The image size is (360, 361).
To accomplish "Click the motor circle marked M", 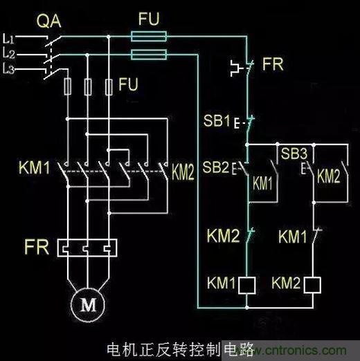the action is point(88,304).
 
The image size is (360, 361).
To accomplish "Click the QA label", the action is point(49,21).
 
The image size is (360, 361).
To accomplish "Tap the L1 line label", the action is point(8,39).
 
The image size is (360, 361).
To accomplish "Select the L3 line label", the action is point(8,68).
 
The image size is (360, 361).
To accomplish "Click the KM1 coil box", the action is point(246,285).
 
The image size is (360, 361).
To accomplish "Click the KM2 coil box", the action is point(312,285).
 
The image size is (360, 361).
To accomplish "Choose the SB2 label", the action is point(216,167).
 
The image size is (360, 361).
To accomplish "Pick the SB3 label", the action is point(294,154).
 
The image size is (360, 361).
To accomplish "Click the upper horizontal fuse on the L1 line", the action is point(149,37).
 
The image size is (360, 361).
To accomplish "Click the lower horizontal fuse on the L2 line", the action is point(149,55).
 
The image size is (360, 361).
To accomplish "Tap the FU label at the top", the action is point(149,19).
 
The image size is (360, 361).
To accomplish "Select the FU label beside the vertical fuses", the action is point(128,84).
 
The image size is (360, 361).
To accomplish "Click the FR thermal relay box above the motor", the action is point(87,248).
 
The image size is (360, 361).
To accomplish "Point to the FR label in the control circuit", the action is point(273,64).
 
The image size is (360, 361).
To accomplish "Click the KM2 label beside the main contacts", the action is point(183,173).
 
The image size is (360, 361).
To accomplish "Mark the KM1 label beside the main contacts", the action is point(34,167).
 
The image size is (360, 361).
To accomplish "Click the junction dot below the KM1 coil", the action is point(247,308).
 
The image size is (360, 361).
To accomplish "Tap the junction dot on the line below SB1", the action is point(247,145).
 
